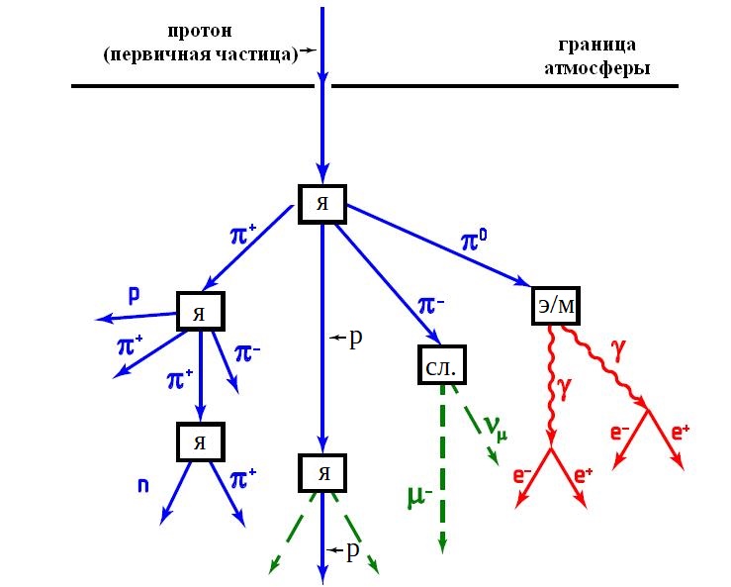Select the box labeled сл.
tap(440, 365)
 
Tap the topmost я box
tap(321, 204)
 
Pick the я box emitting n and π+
tap(201, 441)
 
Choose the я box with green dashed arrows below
tap(321, 471)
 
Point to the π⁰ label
tap(475, 241)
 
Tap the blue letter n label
tap(142, 485)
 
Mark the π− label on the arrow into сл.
tap(432, 306)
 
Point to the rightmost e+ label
tap(682, 432)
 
